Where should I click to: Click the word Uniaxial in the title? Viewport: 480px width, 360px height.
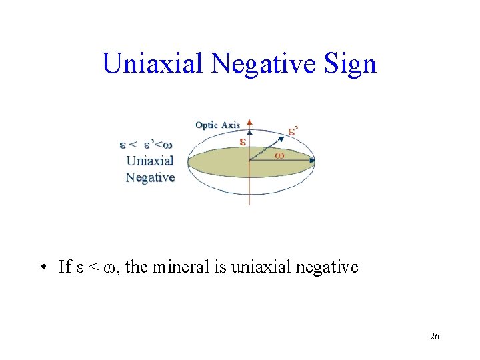[x=153, y=64]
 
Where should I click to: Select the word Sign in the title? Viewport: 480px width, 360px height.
[x=353, y=64]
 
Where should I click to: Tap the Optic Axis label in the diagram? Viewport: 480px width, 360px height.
[x=217, y=125]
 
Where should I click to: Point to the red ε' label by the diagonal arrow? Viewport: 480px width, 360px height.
[x=293, y=131]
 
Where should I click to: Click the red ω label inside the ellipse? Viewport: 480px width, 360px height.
[x=279, y=155]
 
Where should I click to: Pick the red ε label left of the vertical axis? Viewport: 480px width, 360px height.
[x=243, y=142]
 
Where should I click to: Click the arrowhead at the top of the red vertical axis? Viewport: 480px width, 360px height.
[x=249, y=123]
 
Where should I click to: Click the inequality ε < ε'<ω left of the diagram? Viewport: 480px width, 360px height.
[x=147, y=144]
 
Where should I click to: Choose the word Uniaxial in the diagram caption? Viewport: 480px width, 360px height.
[x=150, y=161]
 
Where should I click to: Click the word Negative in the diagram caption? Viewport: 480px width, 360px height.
[x=150, y=177]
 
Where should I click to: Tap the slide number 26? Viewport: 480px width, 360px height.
[x=434, y=337]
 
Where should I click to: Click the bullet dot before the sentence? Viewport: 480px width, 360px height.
[x=42, y=268]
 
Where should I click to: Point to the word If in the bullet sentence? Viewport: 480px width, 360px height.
[x=65, y=267]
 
